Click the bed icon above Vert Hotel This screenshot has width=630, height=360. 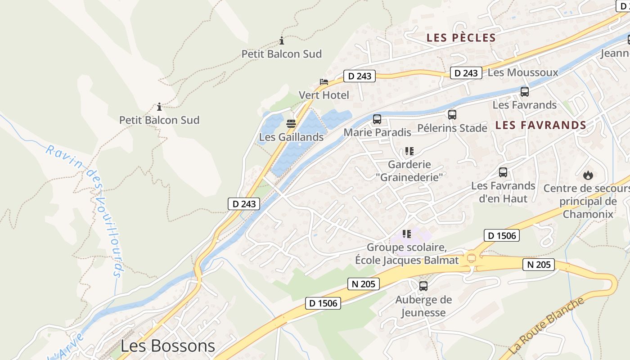(324, 82)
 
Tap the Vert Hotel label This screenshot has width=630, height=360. (324, 95)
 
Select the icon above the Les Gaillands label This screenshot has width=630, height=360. (291, 124)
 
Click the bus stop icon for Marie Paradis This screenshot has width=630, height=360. (377, 119)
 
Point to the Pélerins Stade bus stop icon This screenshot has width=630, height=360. (452, 115)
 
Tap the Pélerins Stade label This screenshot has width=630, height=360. (452, 128)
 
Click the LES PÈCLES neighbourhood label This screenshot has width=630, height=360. (461, 38)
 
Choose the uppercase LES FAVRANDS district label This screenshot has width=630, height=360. (541, 126)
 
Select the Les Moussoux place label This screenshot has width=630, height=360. (523, 72)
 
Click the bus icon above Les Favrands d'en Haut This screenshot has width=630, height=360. (503, 172)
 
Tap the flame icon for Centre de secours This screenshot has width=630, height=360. (588, 175)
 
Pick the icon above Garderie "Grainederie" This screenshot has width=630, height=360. (409, 151)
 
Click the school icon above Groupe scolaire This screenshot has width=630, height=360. (407, 234)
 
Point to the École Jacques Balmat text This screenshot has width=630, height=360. (407, 260)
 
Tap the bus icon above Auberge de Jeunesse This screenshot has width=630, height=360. (423, 286)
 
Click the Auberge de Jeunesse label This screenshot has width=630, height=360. (423, 306)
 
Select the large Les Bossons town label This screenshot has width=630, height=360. (168, 346)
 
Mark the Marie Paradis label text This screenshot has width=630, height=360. (377, 132)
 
